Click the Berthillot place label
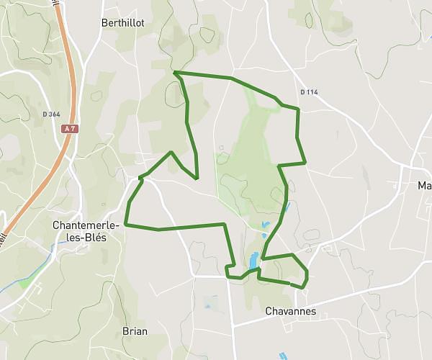(x=124, y=23)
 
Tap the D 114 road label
(x=309, y=92)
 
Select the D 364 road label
(x=51, y=114)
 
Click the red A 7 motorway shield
(x=69, y=128)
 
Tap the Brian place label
(x=135, y=331)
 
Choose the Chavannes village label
(x=290, y=312)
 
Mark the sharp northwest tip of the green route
(x=175, y=72)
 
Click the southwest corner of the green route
(x=126, y=225)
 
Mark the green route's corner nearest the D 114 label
(x=297, y=109)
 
